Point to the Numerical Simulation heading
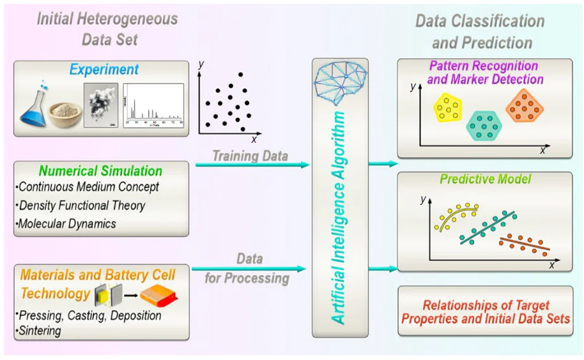pos(101,171)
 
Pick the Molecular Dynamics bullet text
pos(69,223)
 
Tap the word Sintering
pos(40,331)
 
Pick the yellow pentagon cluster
pos(448,108)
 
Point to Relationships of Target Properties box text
pos(485,312)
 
